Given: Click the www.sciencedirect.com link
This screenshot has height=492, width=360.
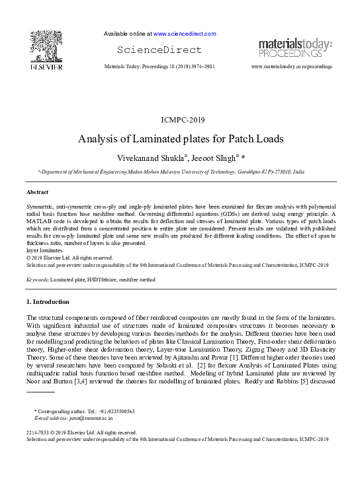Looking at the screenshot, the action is pyautogui.click(x=185, y=33).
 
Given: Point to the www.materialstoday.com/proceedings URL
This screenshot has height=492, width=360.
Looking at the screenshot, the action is pyautogui.click(x=292, y=68).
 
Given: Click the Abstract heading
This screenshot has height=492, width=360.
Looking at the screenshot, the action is pyautogui.click(x=37, y=192).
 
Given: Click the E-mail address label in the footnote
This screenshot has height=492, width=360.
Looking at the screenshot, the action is pyautogui.click(x=51, y=418).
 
